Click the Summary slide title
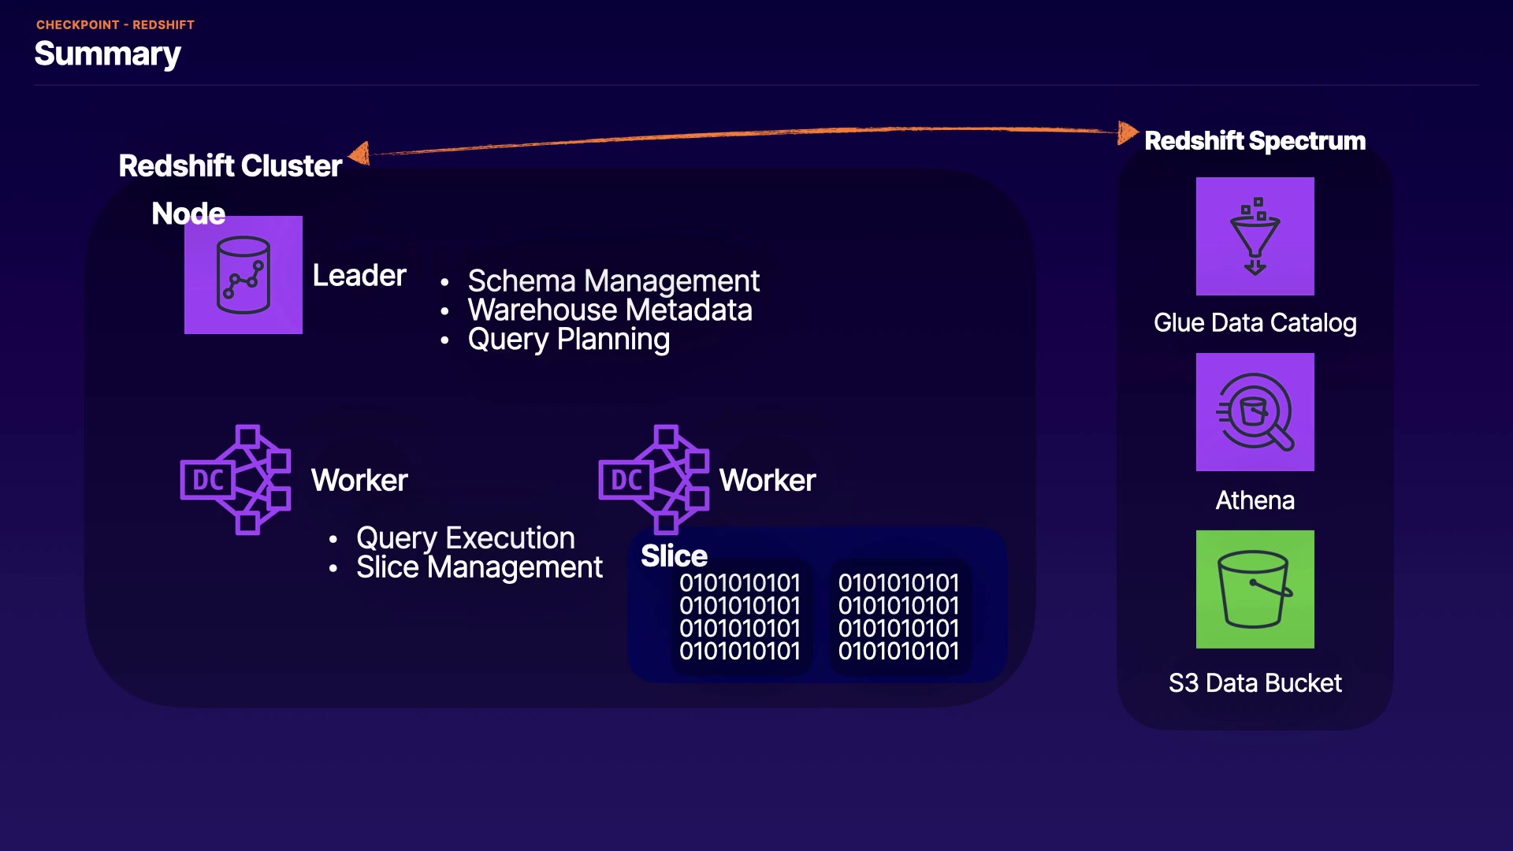click(108, 54)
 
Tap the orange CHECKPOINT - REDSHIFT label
click(115, 25)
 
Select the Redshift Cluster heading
click(230, 166)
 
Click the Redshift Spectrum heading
click(1255, 141)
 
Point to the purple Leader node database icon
click(243, 275)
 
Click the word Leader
click(359, 276)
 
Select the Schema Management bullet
click(613, 281)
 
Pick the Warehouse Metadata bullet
click(610, 310)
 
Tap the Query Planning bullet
click(568, 340)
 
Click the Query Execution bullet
click(465, 538)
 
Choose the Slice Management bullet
click(479, 567)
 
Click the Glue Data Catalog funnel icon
click(1255, 236)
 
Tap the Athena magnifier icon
click(1255, 412)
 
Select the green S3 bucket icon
click(1255, 589)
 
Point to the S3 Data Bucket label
click(1255, 683)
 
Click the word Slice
click(674, 556)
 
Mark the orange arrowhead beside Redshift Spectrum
click(1128, 132)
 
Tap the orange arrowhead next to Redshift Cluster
click(360, 153)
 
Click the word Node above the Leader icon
click(188, 214)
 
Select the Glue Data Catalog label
click(1255, 323)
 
